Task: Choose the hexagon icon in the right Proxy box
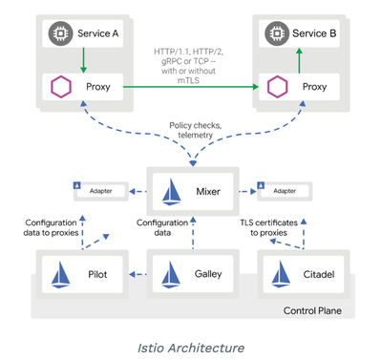[x=279, y=86]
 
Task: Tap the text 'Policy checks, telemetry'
[x=196, y=131]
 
